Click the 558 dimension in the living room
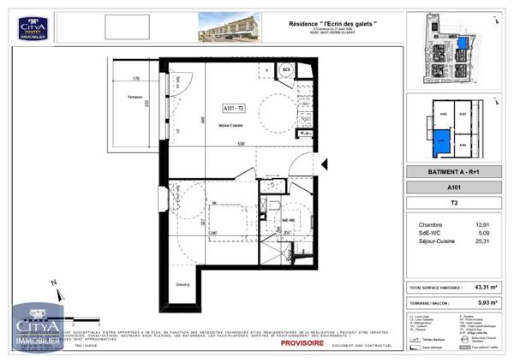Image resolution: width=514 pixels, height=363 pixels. [242, 144]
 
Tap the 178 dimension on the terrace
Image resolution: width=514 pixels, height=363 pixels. [135, 79]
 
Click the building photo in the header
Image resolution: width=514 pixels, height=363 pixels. [232, 27]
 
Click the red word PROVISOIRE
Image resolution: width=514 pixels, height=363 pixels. [302, 342]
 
